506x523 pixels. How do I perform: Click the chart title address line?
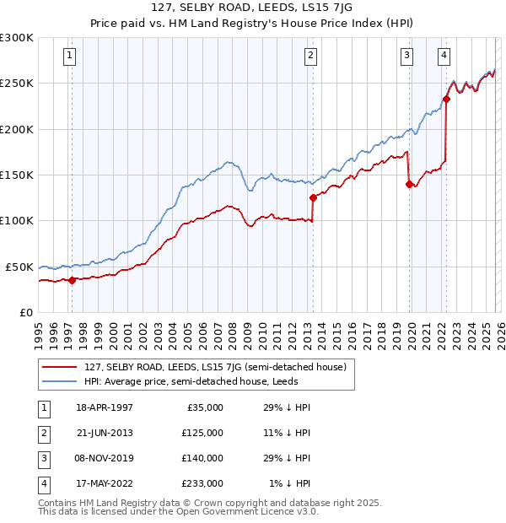pyautogui.click(x=252, y=8)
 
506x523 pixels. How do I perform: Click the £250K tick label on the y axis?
pyautogui.click(x=17, y=84)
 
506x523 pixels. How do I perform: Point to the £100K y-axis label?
pyautogui.click(x=17, y=220)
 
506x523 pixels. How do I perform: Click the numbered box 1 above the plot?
pyautogui.click(x=69, y=56)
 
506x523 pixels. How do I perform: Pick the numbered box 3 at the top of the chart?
pyautogui.click(x=406, y=56)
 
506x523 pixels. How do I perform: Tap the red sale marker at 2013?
pyautogui.click(x=313, y=197)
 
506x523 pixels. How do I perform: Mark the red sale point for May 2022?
pyautogui.click(x=446, y=99)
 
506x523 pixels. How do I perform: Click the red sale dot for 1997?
pyautogui.click(x=72, y=280)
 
